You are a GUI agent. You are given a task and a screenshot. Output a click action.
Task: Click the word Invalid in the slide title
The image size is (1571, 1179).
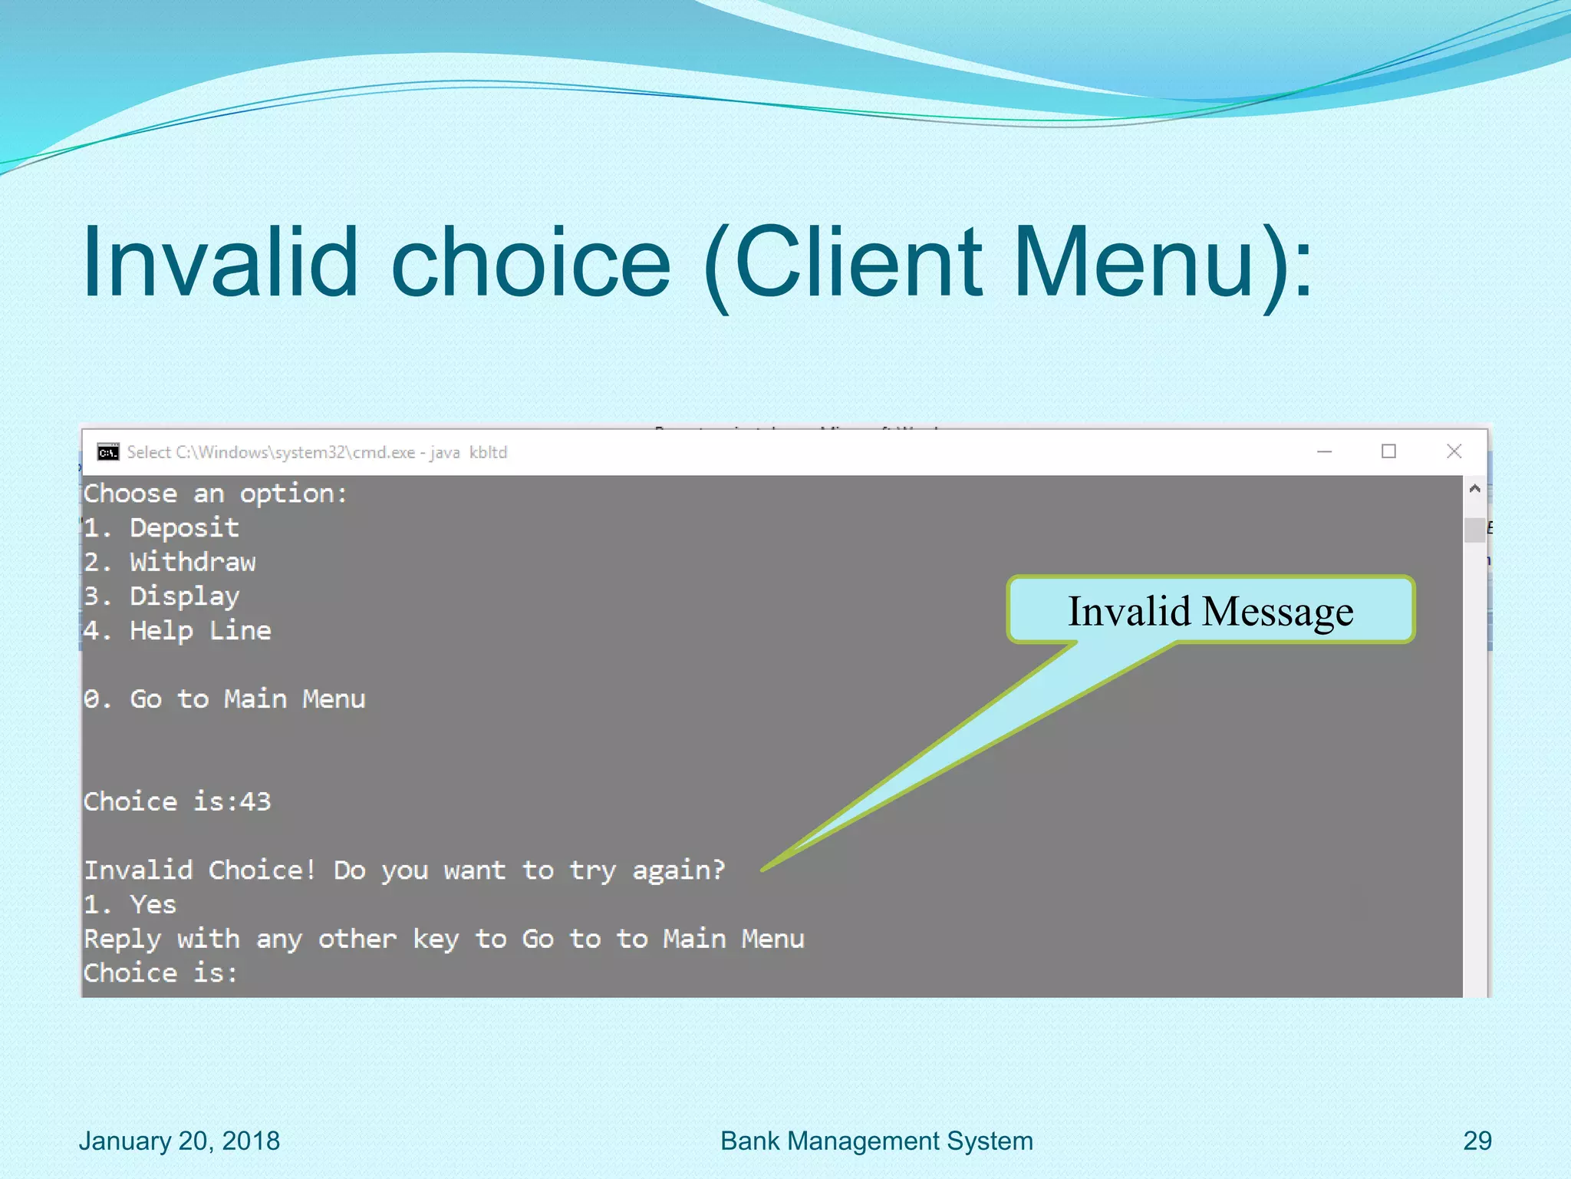coord(220,263)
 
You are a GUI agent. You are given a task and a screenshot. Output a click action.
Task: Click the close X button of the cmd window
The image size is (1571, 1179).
coord(1454,451)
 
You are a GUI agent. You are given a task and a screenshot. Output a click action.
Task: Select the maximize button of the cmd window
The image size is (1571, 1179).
coord(1388,451)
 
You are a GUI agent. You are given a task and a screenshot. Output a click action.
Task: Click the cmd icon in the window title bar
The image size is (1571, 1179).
coord(108,452)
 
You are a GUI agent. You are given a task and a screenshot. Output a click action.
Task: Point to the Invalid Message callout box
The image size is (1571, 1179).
coord(1210,610)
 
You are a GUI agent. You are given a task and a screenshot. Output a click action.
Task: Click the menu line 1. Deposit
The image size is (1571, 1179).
coord(162,528)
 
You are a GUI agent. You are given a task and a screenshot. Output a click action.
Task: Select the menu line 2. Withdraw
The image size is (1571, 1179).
coord(170,563)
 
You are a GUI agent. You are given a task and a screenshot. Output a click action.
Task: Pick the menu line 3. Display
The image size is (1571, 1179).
coord(162,596)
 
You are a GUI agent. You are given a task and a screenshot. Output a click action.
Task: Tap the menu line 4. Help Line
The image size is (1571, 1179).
coord(177,631)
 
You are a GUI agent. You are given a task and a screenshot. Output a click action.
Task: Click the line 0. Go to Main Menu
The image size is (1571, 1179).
coord(224,699)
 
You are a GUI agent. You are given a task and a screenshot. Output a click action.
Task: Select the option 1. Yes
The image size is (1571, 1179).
coord(130,905)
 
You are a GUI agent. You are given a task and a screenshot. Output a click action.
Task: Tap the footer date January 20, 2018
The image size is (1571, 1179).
coord(179,1141)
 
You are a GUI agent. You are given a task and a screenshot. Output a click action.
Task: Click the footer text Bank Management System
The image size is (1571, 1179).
coord(876,1141)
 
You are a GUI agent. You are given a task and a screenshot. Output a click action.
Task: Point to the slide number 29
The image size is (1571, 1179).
coord(1477,1141)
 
